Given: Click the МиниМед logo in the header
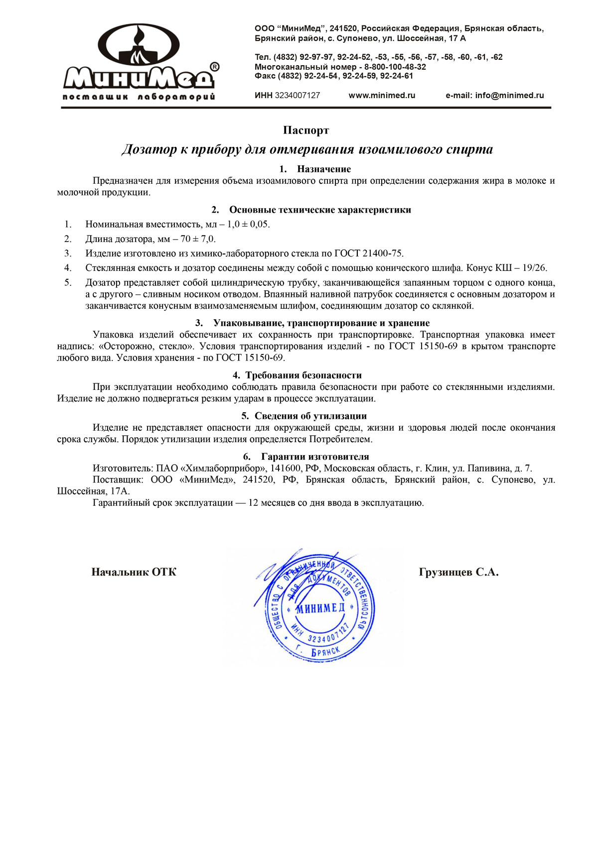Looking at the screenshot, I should [x=139, y=62].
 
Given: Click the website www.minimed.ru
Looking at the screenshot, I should [x=382, y=96].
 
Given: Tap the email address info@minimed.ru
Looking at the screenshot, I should [x=509, y=96].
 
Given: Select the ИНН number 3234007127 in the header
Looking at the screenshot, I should [x=298, y=96].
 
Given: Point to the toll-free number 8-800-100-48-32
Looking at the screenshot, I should [x=395, y=67].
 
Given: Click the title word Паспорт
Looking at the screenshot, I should [x=306, y=130].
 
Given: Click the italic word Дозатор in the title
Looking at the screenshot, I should [x=149, y=149].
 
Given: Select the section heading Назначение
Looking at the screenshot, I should [x=324, y=169].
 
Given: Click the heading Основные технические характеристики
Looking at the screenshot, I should [x=320, y=210].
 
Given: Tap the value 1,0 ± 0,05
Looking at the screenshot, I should [x=248, y=225].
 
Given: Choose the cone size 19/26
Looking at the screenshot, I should [x=534, y=268].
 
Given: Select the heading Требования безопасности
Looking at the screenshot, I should [x=303, y=375].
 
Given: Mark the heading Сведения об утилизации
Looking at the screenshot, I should [x=310, y=416].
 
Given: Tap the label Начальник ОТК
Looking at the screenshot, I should [x=134, y=572].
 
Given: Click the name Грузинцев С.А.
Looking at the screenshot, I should [x=458, y=572].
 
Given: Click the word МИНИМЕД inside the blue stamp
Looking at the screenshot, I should [x=320, y=608].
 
